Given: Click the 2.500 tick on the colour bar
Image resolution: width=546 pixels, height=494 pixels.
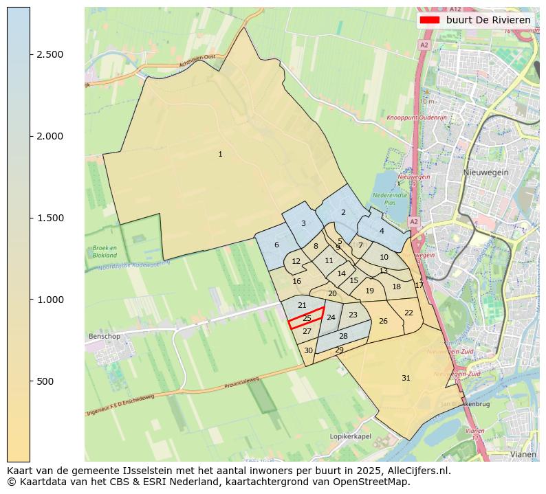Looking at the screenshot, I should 30,54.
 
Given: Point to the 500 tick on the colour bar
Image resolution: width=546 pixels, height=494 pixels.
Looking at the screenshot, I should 30,381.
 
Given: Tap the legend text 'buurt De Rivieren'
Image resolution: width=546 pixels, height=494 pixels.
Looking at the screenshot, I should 488,20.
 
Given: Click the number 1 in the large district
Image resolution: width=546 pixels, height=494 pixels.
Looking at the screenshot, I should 220,155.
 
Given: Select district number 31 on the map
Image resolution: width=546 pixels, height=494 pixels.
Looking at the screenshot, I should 406,379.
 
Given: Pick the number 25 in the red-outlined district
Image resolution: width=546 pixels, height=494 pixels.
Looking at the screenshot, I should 307,318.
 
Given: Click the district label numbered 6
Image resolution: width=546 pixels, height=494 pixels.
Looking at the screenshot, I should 276,245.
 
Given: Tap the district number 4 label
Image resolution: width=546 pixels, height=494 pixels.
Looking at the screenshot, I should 382,232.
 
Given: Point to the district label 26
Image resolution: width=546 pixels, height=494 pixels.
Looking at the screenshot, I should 383,322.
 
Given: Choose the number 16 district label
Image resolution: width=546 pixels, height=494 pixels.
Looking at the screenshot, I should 296,282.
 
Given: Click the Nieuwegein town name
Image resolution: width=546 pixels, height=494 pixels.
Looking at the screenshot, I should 485,172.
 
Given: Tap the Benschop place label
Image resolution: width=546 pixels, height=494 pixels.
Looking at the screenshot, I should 105,337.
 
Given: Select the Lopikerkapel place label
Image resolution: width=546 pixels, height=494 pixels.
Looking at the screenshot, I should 350,436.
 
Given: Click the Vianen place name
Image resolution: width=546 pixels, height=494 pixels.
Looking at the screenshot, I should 524,454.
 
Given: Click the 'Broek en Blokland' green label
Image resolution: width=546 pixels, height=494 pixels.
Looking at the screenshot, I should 105,251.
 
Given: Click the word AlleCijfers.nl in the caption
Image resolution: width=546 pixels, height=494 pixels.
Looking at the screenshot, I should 417,471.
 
